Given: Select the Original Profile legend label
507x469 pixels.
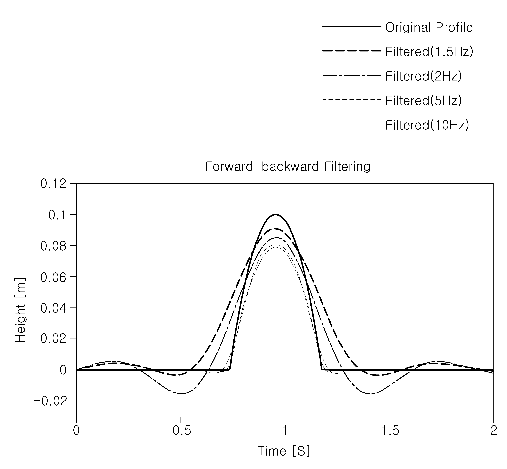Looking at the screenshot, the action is tap(429, 27).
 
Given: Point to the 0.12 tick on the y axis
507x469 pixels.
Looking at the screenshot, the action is tap(53, 184).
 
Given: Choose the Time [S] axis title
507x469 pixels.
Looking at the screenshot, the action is tap(284, 451).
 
